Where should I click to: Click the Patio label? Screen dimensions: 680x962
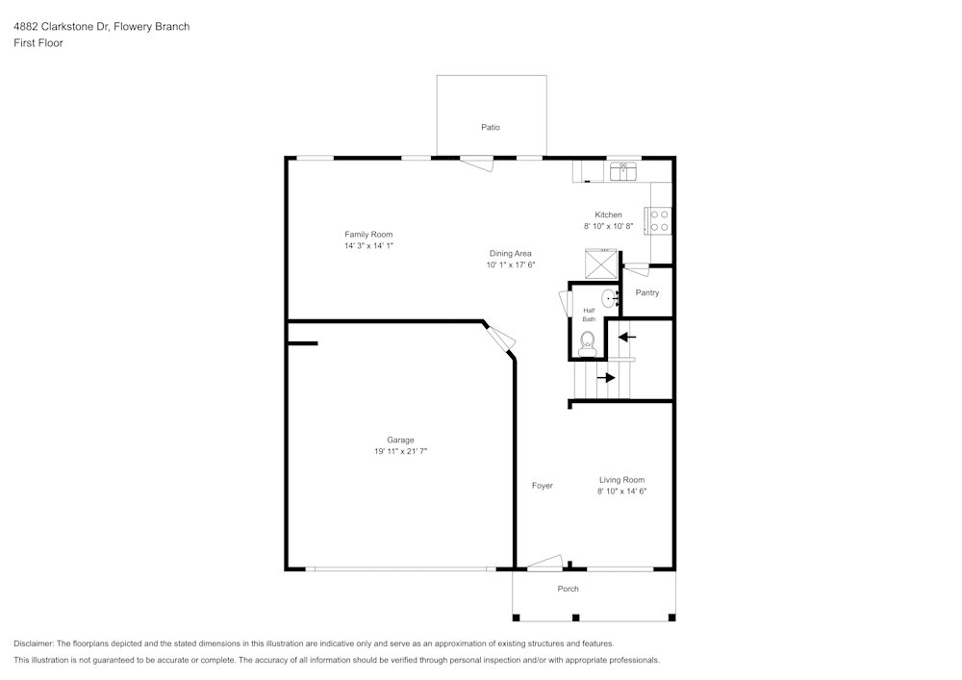(491, 127)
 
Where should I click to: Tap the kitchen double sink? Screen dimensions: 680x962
(623, 171)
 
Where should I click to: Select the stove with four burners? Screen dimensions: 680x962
(661, 221)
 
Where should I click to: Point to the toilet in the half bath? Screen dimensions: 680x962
(588, 340)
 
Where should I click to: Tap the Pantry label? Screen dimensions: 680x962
(647, 292)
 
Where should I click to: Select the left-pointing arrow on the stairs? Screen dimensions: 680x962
(626, 337)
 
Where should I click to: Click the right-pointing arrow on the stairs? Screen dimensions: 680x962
(605, 378)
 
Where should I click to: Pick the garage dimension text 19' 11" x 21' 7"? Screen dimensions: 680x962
(400, 451)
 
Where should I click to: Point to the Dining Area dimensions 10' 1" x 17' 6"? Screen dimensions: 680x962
(510, 264)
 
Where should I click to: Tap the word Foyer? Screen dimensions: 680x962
(543, 486)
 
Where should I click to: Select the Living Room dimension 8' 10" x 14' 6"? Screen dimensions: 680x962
(621, 491)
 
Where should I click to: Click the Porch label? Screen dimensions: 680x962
(569, 589)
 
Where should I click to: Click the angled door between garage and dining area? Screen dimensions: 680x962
(500, 339)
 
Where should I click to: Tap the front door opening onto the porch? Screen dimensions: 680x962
(544, 563)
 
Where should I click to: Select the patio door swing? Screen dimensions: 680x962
(476, 164)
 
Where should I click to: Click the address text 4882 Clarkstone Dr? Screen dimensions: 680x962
(61, 27)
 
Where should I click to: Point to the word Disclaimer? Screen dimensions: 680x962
(34, 642)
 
